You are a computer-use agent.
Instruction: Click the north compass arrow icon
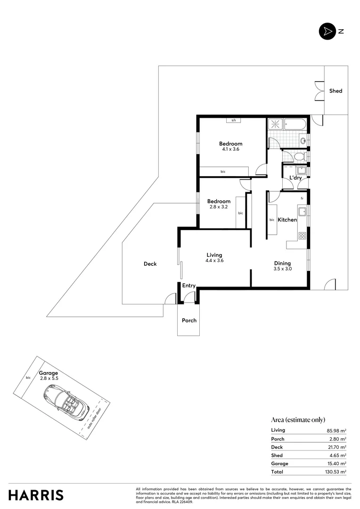tap(327, 32)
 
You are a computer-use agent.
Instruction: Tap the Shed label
tap(335, 91)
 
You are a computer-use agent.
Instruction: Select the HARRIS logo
tap(36, 495)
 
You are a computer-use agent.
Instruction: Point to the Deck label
tap(150, 264)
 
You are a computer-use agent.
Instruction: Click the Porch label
tap(189, 320)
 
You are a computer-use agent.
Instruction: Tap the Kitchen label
tap(287, 220)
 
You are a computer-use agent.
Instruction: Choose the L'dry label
tap(295, 178)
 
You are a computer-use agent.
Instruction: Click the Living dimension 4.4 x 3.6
tap(214, 261)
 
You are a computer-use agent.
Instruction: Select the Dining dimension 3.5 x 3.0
tap(283, 269)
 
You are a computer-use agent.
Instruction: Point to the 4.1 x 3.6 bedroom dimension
tap(230, 149)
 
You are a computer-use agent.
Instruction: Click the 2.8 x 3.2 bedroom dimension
tap(219, 206)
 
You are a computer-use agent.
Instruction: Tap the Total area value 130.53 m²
tap(337, 472)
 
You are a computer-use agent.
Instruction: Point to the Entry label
tap(189, 286)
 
